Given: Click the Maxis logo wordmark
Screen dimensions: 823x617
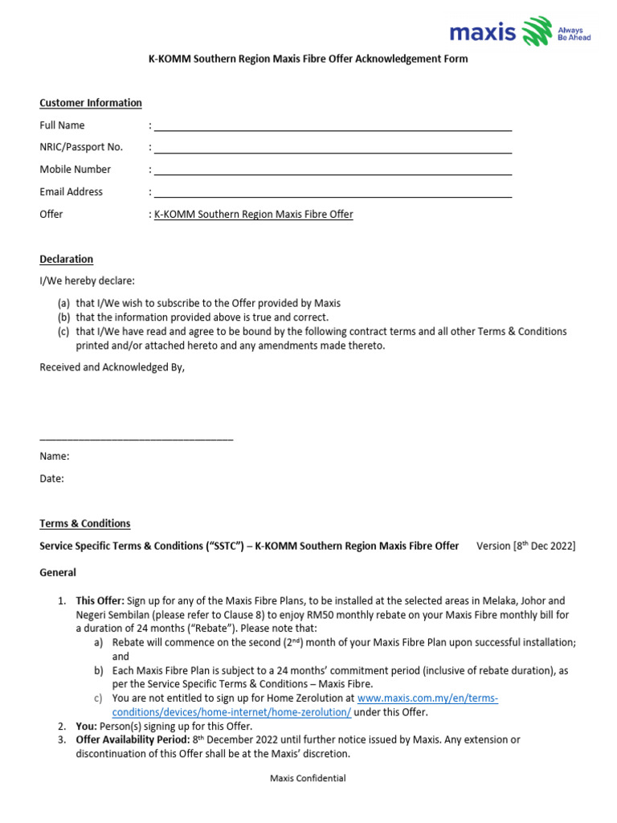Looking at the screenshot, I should pyautogui.click(x=483, y=33).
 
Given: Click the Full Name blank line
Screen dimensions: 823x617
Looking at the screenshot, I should pyautogui.click(x=333, y=128).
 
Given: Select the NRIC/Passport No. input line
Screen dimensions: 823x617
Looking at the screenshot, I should pyautogui.click(x=333, y=150).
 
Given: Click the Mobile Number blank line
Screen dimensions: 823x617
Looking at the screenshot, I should pyautogui.click(x=333, y=172).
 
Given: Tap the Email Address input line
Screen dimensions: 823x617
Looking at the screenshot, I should pyautogui.click(x=333, y=194).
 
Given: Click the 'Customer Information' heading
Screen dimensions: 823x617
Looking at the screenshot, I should pyautogui.click(x=91, y=103).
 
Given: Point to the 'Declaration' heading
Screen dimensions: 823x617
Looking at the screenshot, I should pyautogui.click(x=67, y=259).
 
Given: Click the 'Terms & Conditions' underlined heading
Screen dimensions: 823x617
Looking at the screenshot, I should pyautogui.click(x=85, y=523).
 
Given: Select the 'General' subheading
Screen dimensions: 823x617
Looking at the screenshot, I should pyautogui.click(x=58, y=573).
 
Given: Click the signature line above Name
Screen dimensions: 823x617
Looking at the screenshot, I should pyautogui.click(x=137, y=439).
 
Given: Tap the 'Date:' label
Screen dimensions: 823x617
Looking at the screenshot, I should pyautogui.click(x=52, y=478).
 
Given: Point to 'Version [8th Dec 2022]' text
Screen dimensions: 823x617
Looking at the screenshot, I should pyautogui.click(x=525, y=546).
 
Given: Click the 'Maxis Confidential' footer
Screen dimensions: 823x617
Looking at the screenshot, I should pyautogui.click(x=308, y=778).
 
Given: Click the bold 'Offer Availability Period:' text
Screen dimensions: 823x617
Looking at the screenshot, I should pyautogui.click(x=133, y=739).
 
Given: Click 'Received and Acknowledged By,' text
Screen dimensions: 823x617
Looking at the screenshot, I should pyautogui.click(x=112, y=367).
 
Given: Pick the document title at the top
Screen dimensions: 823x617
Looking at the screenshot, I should pyautogui.click(x=308, y=59).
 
